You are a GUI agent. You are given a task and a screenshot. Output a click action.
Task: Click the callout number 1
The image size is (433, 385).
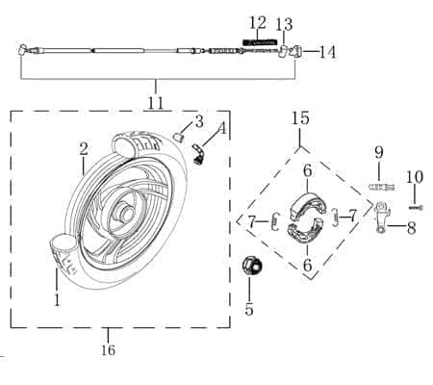click(56, 300)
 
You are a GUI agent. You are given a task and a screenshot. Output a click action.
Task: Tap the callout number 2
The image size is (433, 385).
click(84, 148)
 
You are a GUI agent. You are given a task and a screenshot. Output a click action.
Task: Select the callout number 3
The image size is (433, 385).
click(198, 120)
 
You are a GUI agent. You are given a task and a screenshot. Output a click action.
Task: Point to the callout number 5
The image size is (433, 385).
click(249, 310)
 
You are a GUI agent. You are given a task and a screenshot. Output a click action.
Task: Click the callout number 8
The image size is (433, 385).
click(411, 228)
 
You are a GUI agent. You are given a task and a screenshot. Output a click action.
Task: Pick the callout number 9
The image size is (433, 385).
click(379, 151)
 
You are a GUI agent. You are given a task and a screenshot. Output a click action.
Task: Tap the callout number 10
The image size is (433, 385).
click(414, 176)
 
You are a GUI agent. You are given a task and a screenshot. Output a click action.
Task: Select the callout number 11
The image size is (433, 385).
click(156, 101)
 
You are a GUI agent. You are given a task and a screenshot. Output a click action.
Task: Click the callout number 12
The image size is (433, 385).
click(257, 22)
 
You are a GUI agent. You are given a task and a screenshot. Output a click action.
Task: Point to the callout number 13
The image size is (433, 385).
click(284, 24)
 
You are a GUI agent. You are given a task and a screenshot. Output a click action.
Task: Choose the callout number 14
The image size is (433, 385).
click(327, 52)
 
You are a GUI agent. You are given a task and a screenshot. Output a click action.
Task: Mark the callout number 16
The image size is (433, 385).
click(108, 350)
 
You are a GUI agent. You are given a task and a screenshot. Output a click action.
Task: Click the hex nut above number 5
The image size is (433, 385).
click(250, 269)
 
